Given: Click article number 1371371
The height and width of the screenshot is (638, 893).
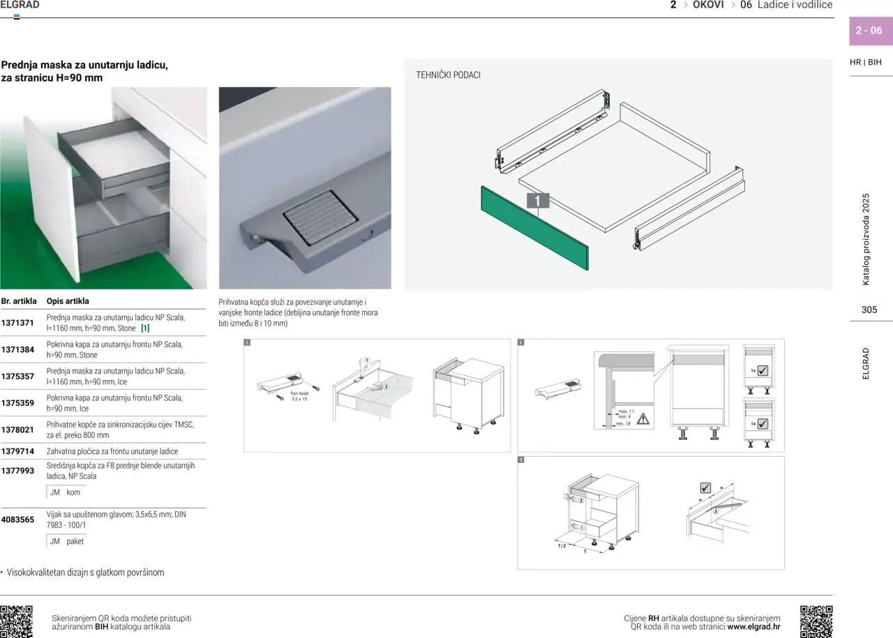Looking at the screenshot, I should [x=17, y=323].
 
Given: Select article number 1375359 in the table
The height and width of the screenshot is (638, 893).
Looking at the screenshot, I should [x=17, y=403].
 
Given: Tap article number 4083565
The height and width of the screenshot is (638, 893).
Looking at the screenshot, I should [x=17, y=519].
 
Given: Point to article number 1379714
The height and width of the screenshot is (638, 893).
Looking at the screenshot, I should [x=17, y=452].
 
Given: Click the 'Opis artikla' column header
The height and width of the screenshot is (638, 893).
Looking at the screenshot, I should [x=68, y=301].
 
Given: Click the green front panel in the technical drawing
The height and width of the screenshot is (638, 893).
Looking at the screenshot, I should [x=534, y=227].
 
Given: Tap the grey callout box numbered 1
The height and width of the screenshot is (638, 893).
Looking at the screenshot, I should [x=537, y=201].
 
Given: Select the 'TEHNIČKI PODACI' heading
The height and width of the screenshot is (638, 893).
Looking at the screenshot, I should [x=448, y=75].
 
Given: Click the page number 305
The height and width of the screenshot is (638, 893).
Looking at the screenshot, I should [x=869, y=310].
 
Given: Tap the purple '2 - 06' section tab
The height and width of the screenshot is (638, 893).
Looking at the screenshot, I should [x=869, y=31].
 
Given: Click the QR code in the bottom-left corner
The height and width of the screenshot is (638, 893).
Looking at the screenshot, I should [x=16, y=621].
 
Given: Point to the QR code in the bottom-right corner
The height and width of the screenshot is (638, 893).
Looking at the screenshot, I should [x=816, y=621].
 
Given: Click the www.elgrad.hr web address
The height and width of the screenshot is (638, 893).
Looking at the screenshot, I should [x=753, y=627].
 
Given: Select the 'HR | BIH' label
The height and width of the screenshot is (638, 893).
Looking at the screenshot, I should [x=865, y=62].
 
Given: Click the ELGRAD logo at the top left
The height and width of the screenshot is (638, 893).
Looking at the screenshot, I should [x=20, y=5].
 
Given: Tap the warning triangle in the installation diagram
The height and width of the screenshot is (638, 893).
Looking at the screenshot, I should [x=643, y=418].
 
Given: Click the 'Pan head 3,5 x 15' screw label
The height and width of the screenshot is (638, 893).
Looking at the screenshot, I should [x=299, y=396].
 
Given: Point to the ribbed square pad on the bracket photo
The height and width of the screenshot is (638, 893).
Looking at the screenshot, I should [x=320, y=217].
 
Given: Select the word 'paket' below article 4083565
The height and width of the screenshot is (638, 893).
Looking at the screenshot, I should [x=75, y=541].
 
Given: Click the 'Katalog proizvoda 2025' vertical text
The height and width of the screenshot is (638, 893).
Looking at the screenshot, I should [x=866, y=239].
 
